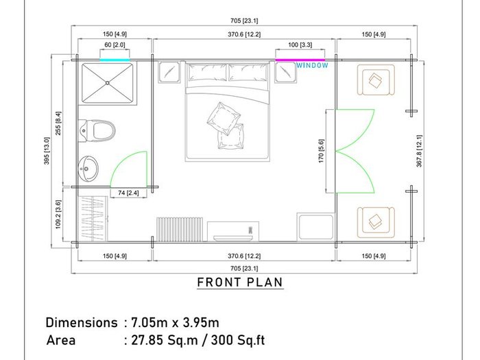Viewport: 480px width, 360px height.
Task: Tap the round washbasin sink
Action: click(88, 169)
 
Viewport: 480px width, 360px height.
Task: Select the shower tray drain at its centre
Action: click(108, 83)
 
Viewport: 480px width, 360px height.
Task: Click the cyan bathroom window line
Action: click(115, 60)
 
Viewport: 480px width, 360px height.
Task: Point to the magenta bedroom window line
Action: click(300, 60)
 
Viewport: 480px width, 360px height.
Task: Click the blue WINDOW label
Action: click(312, 65)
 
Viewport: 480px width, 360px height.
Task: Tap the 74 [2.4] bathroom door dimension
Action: click(128, 193)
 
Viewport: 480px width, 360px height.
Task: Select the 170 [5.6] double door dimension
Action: click(321, 151)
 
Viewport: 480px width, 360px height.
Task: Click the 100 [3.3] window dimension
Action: click(300, 45)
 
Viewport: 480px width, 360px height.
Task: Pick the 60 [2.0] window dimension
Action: click(115, 45)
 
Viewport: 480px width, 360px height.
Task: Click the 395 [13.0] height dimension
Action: click(47, 151)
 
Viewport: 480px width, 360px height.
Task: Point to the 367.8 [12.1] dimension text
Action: click(419, 151)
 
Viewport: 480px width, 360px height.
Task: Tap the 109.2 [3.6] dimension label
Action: click(58, 214)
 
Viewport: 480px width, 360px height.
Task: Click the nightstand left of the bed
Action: click(169, 72)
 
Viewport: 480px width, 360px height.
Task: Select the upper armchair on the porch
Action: click(376, 80)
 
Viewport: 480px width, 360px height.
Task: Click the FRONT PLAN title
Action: click(240, 283)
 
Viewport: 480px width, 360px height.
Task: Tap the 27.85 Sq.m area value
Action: click(165, 340)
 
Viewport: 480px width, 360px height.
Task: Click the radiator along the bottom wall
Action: click(180, 229)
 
